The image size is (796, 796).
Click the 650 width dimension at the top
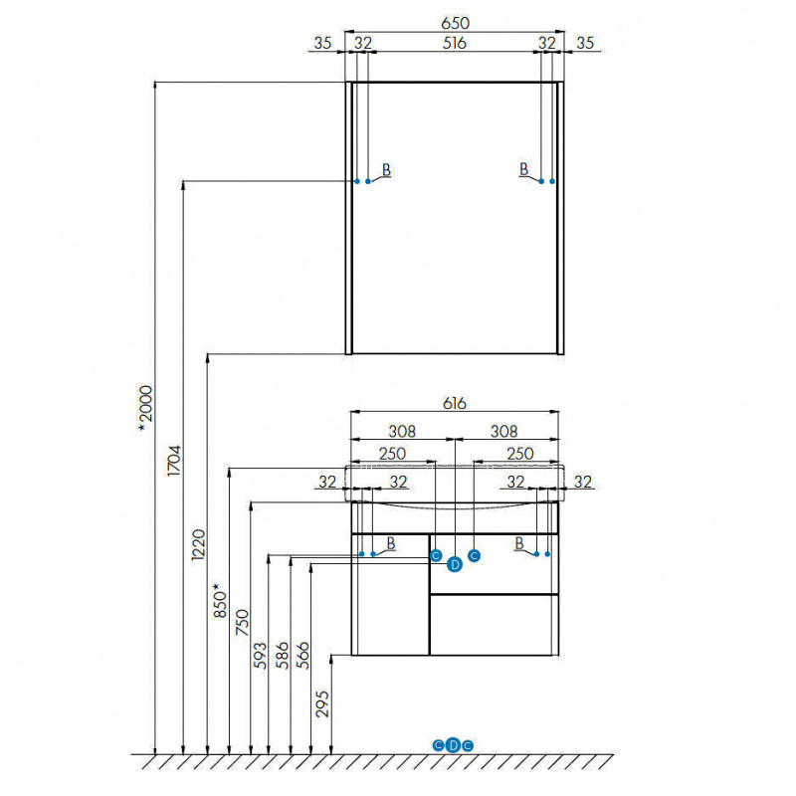click(455, 23)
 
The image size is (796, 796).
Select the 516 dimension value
click(454, 43)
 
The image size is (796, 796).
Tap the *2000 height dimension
click(145, 410)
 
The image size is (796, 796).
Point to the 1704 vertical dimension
click(174, 461)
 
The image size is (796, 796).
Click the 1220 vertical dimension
click(198, 544)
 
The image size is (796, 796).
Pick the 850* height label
click(220, 601)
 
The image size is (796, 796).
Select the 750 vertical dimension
click(243, 623)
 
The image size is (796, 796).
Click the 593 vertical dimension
click(260, 656)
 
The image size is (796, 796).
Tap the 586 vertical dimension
click(282, 656)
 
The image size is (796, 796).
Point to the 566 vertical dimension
click(302, 656)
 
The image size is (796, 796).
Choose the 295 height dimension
click(322, 703)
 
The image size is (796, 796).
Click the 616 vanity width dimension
click(454, 403)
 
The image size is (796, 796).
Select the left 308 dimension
click(402, 432)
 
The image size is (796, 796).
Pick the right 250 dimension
click(519, 454)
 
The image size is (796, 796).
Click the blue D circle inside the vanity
click(455, 564)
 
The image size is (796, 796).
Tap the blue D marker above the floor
click(453, 745)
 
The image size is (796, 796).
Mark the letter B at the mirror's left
click(386, 169)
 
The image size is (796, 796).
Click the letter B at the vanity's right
click(518, 543)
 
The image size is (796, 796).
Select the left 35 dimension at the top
click(322, 43)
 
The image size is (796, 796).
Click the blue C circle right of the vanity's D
click(475, 556)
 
